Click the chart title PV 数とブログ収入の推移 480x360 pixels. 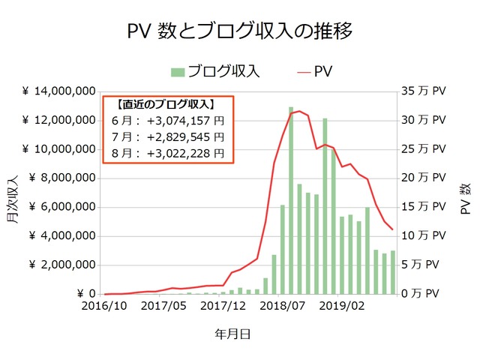[x=240, y=31]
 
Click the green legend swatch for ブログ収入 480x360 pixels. [x=177, y=71]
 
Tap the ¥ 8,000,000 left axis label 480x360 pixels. [x=61, y=178]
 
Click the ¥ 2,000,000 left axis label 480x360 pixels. [x=61, y=265]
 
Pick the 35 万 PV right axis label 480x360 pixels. [x=424, y=91]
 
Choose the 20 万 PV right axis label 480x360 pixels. [x=424, y=178]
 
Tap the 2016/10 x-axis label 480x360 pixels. [x=104, y=306]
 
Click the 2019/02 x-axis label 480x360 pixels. [x=350, y=306]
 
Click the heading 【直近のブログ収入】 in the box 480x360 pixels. [x=166, y=104]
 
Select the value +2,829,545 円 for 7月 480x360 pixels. [x=185, y=136]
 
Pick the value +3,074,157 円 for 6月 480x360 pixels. [x=185, y=120]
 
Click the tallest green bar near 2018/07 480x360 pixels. [x=291, y=200]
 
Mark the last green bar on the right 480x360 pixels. [x=392, y=272]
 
